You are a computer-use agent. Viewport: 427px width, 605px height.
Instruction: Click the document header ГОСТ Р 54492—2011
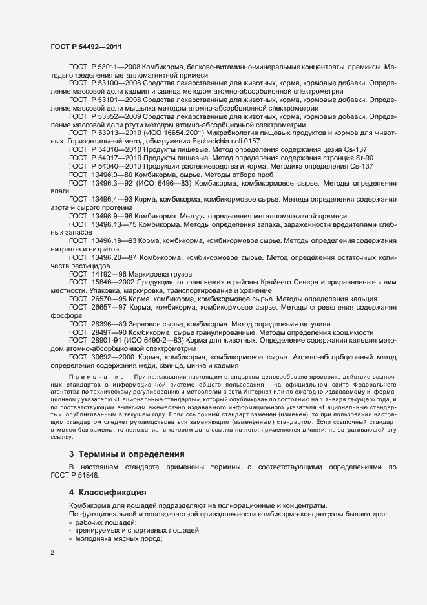(x=85, y=47)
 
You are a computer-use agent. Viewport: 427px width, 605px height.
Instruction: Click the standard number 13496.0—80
(x=112, y=175)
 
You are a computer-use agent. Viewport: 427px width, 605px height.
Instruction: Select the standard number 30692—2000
(x=112, y=357)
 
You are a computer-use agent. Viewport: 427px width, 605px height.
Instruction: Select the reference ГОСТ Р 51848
(x=75, y=475)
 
